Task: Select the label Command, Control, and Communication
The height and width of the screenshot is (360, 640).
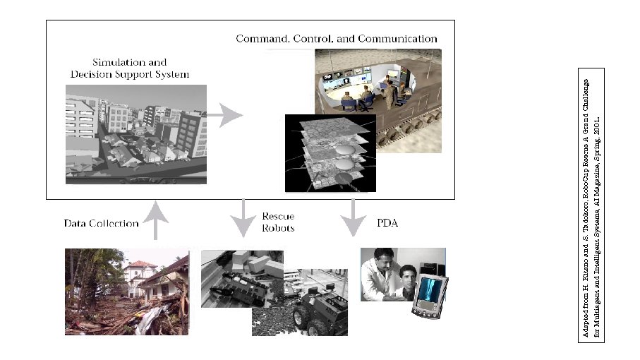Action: [x=337, y=39]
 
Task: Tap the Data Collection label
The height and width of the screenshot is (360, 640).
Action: [x=101, y=223]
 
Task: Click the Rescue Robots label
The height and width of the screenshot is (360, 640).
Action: [x=278, y=222]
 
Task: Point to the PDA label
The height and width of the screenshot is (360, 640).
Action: [x=385, y=223]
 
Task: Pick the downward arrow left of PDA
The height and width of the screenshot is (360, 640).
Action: [x=351, y=215]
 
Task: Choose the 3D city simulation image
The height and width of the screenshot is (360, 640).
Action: [x=135, y=134]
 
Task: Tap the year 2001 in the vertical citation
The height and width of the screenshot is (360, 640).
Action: [x=597, y=123]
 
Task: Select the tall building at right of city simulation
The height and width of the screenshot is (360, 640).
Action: [x=190, y=138]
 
